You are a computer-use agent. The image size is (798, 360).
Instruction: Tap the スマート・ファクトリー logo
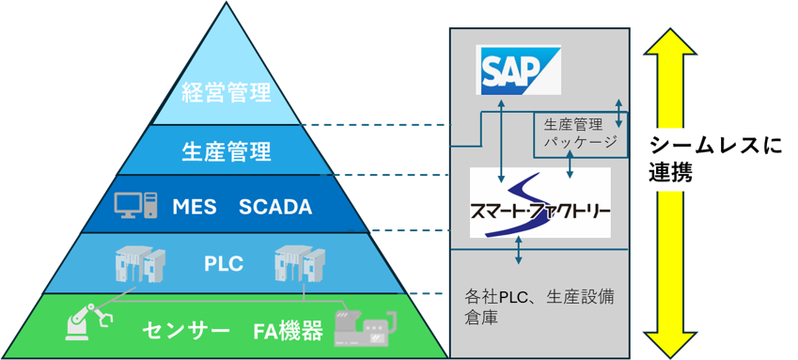(x=540, y=203)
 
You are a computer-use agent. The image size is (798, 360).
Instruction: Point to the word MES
(x=195, y=207)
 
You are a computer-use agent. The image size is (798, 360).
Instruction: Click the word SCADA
(x=274, y=207)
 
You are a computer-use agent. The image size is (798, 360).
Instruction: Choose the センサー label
(x=186, y=331)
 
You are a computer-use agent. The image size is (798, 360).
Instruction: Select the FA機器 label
(x=288, y=331)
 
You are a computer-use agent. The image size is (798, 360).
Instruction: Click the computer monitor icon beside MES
(x=136, y=205)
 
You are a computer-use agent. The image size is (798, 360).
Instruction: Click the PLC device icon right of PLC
(x=296, y=264)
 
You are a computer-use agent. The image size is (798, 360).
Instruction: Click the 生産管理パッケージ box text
(x=580, y=133)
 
